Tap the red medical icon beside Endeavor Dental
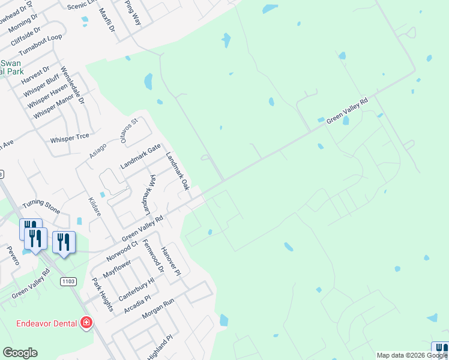pyautogui.click(x=86, y=323)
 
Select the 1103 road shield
pyautogui.click(x=67, y=281)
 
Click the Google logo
pyautogui.click(x=20, y=353)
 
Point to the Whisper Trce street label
pyautogui.click(x=70, y=138)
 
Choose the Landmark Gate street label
pyautogui.click(x=140, y=157)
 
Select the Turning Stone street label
pyautogui.click(x=41, y=207)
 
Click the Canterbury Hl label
pyautogui.click(x=136, y=289)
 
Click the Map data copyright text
pyautogui.click(x=412, y=355)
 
